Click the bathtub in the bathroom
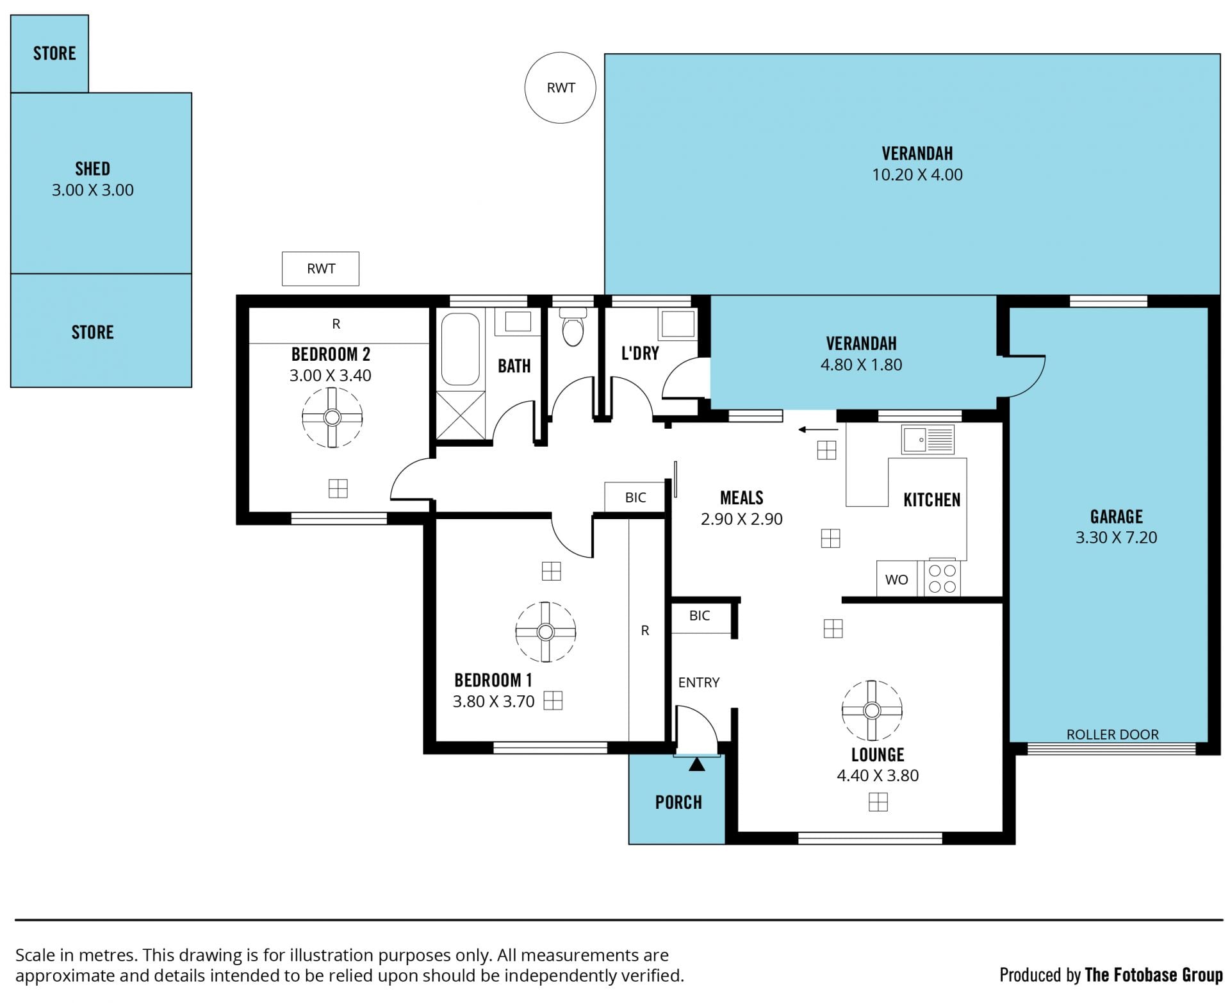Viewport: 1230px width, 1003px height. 460,349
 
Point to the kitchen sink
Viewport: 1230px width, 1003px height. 927,440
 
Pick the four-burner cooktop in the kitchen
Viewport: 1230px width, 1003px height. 942,578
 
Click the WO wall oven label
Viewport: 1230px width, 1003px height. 896,580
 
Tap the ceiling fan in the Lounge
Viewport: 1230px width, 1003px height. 871,710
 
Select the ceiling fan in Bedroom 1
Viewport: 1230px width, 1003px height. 545,632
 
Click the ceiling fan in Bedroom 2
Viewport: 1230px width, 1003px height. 332,418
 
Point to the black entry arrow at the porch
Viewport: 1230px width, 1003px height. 696,764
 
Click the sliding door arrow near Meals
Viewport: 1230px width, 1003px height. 818,429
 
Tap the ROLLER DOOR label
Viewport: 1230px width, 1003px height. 1112,734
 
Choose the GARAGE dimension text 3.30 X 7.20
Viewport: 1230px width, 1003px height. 1116,538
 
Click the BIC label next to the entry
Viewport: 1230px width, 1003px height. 700,616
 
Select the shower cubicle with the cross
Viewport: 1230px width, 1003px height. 461,415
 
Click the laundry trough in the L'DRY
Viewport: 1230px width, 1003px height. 678,324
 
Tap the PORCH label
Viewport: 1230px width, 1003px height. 678,802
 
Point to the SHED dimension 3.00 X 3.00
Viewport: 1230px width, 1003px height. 93,190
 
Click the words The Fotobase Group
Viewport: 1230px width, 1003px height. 1154,975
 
